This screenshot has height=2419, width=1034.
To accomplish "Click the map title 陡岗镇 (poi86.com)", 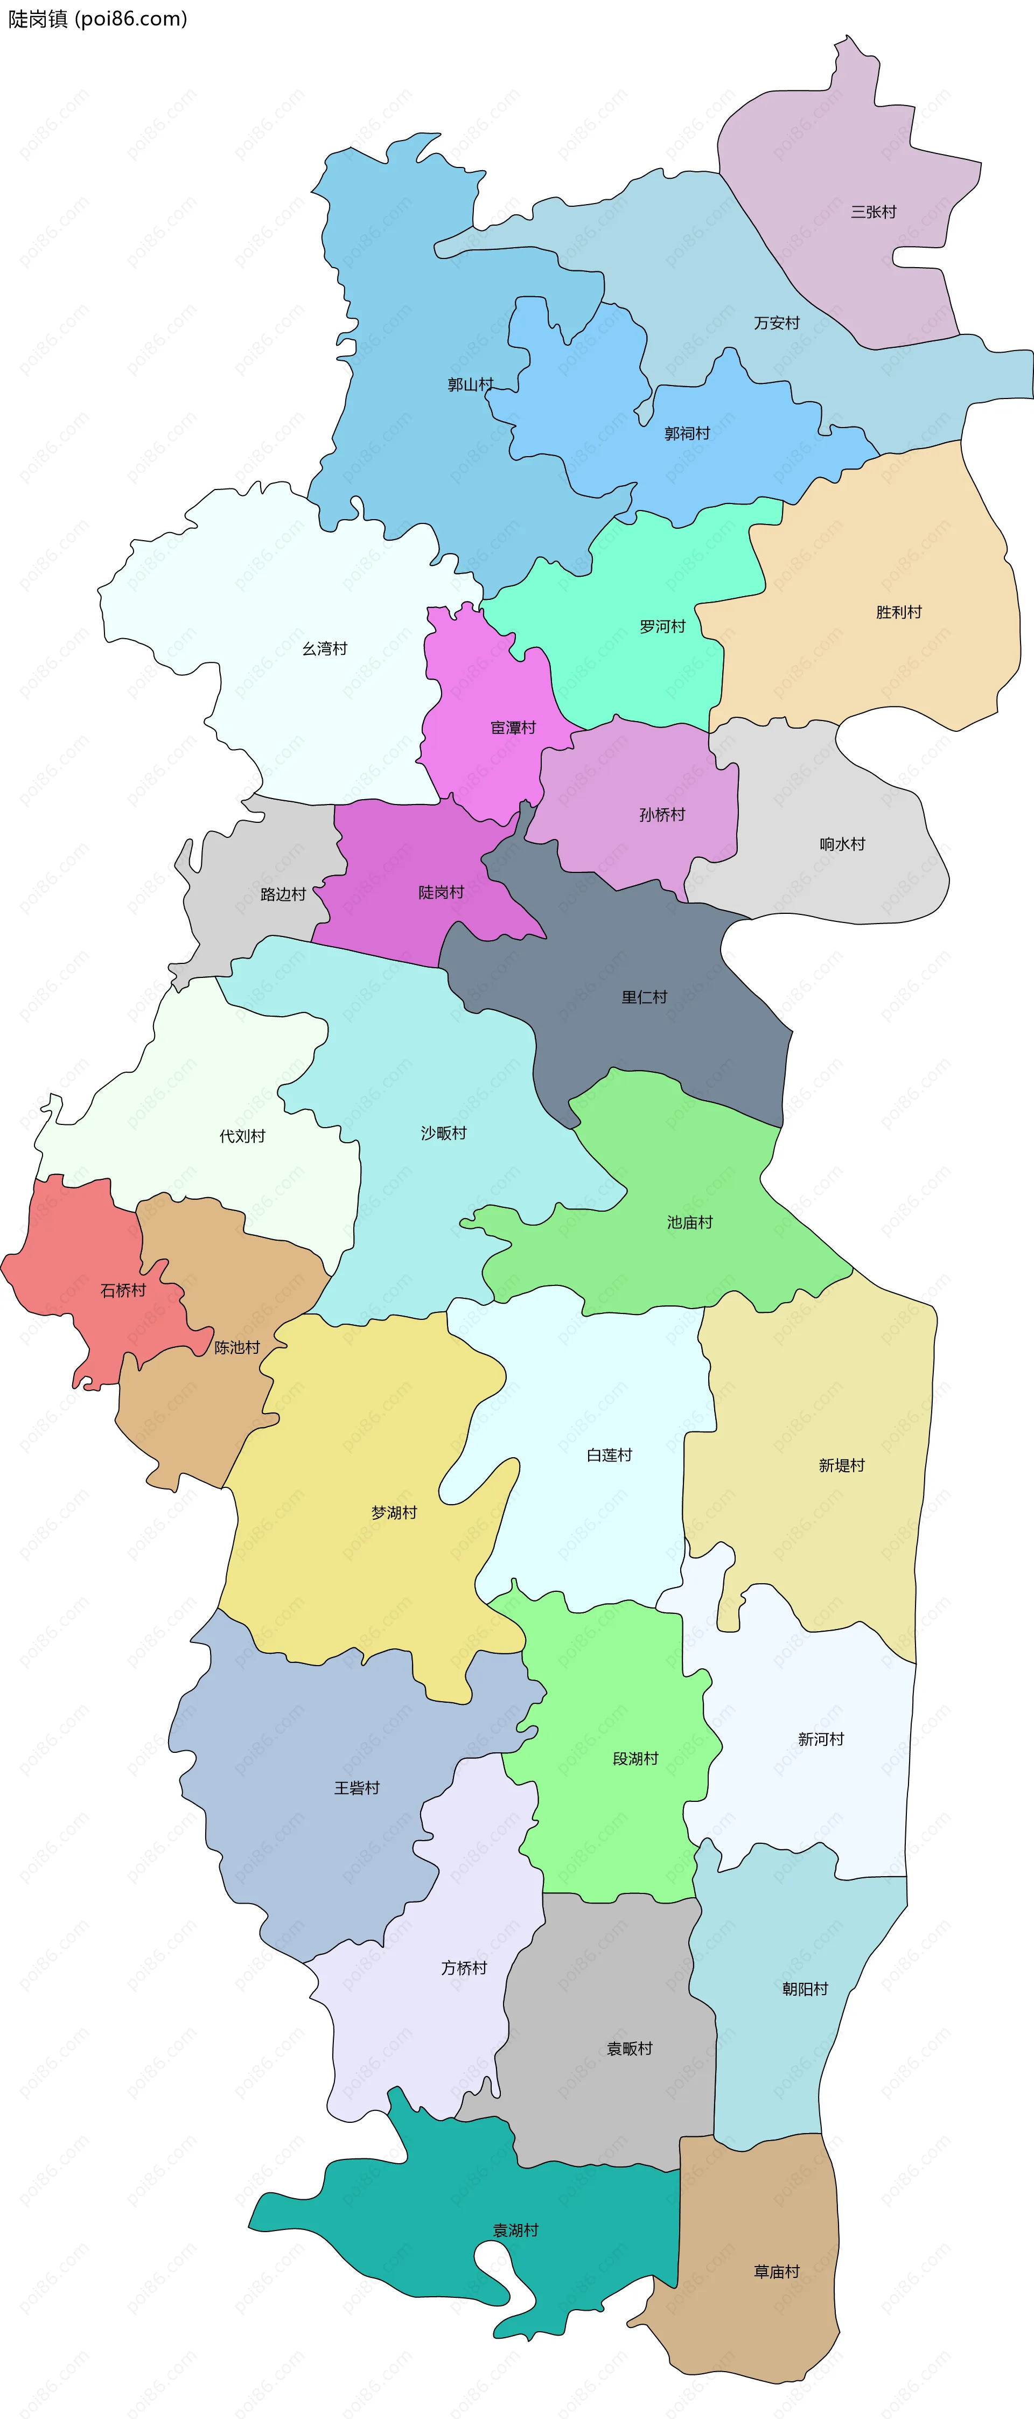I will (97, 19).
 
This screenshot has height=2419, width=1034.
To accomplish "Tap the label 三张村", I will (874, 212).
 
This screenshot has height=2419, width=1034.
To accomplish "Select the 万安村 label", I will (777, 323).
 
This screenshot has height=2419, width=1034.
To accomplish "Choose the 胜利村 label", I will (899, 612).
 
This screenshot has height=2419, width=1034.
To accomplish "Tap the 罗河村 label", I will (663, 626).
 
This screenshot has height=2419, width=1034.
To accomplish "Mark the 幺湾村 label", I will (325, 649).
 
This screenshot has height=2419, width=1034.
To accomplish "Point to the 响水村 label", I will (842, 844).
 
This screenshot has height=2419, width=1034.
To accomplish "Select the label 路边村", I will (284, 894).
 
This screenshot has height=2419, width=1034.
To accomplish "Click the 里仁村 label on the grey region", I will (644, 997).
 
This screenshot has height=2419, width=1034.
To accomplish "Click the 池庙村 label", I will (690, 1222).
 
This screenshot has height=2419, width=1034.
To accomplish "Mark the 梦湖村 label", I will (394, 1512).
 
